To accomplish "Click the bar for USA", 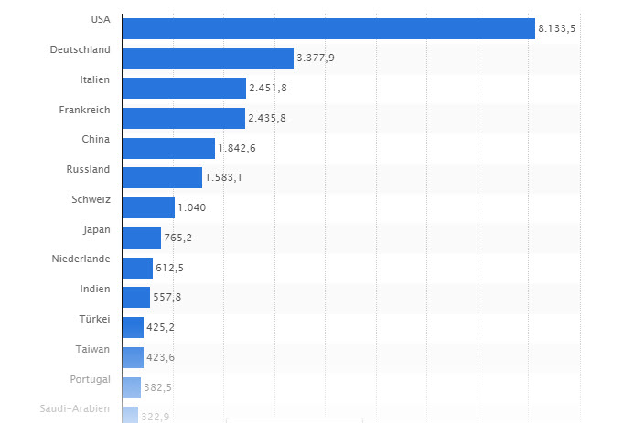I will click(x=328, y=28).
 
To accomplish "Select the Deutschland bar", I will click(x=207, y=58).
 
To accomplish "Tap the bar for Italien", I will click(x=183, y=89).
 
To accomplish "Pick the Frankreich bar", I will click(x=183, y=118).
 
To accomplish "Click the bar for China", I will click(x=167, y=148).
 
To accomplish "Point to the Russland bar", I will click(x=161, y=177).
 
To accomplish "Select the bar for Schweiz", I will click(x=147, y=207).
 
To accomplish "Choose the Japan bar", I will click(x=141, y=238).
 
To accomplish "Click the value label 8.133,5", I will click(x=557, y=29).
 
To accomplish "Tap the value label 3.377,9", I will click(x=315, y=58).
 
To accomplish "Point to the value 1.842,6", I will click(x=237, y=148).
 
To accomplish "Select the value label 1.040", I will click(x=192, y=207).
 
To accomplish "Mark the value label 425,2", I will click(x=162, y=327).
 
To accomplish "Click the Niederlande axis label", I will click(x=81, y=259).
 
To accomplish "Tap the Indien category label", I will click(x=94, y=289).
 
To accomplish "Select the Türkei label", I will click(x=94, y=319).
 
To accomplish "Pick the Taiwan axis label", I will click(x=93, y=349).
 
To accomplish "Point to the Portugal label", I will click(x=90, y=379).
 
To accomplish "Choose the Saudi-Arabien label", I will click(x=75, y=408).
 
